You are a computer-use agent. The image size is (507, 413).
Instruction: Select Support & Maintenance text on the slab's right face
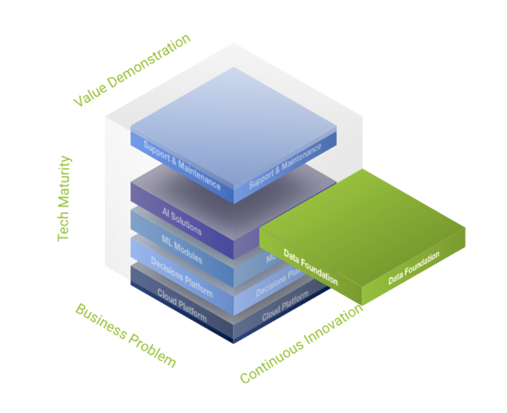point(285,166)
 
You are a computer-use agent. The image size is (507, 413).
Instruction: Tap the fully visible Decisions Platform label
point(182,276)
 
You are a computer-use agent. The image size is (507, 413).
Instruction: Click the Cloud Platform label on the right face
point(285,307)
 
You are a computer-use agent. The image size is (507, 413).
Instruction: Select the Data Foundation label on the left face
point(311,266)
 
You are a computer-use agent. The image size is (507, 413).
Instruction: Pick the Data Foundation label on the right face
point(414,268)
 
